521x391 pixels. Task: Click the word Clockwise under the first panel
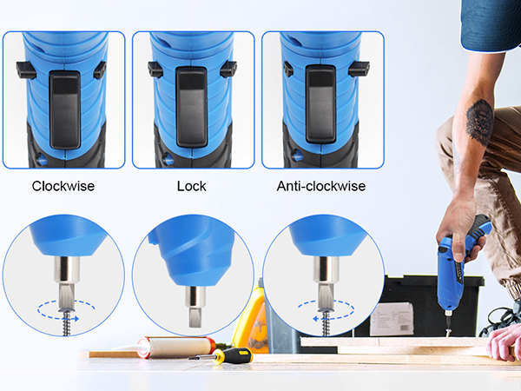pos(63,186)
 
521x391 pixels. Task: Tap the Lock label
pos(191,186)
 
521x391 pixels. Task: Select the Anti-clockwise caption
pos(320,186)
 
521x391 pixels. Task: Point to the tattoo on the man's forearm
pos(478,121)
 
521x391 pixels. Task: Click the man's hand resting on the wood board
pos(505,344)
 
